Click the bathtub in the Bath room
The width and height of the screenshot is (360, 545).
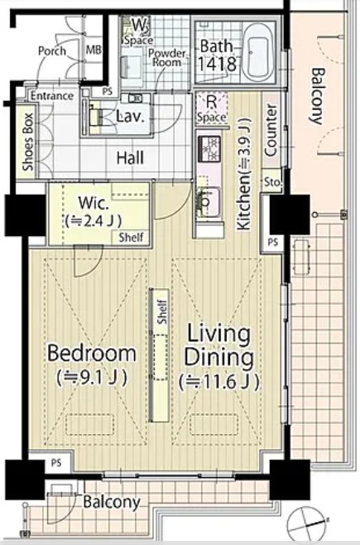tap(257, 52)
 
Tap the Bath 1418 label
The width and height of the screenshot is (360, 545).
tap(217, 55)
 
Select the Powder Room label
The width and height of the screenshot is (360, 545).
tap(167, 58)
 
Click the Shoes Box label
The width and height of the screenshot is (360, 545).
tap(28, 142)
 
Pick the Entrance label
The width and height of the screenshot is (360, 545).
tap(52, 95)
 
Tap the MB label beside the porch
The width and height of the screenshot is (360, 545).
tap(94, 50)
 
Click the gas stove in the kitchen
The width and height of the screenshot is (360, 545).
tap(209, 148)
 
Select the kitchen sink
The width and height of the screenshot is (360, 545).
tap(209, 202)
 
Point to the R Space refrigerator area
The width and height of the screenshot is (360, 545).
tap(211, 109)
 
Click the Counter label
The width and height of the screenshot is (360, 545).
tap(271, 131)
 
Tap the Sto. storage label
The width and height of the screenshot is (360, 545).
tap(273, 181)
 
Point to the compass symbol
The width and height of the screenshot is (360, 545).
tap(305, 523)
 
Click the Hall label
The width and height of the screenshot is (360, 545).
tap(130, 158)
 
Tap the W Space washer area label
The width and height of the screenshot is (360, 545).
tap(138, 32)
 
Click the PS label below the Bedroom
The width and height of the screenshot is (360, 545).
tap(56, 463)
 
